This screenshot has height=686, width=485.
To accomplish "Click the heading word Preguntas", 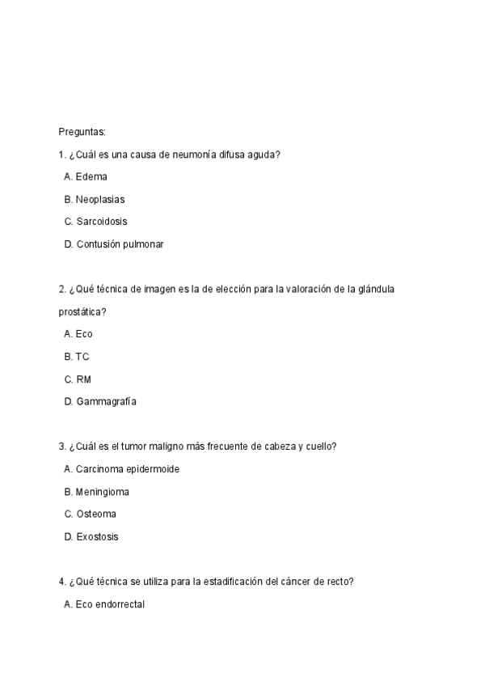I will pyautogui.click(x=82, y=131).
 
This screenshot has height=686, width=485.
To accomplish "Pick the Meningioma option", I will pyautogui.click(x=103, y=492).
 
